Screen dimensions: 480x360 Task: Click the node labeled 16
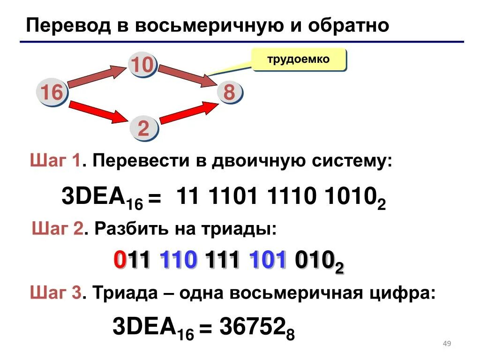(52, 92)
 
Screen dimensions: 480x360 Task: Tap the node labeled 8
(229, 92)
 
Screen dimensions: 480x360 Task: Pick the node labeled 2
(143, 128)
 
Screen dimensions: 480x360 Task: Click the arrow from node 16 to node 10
(97, 77)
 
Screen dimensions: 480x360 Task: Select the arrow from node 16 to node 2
(97, 112)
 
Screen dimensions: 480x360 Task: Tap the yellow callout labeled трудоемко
(299, 60)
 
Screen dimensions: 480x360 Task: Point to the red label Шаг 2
(58, 229)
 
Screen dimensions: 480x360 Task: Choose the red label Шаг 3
(56, 294)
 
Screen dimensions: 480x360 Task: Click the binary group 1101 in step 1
(233, 197)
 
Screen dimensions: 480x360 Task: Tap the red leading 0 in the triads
(120, 261)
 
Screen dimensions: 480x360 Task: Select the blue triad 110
(178, 261)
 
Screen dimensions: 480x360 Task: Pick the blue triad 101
(268, 261)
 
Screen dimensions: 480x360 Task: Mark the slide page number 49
(447, 345)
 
